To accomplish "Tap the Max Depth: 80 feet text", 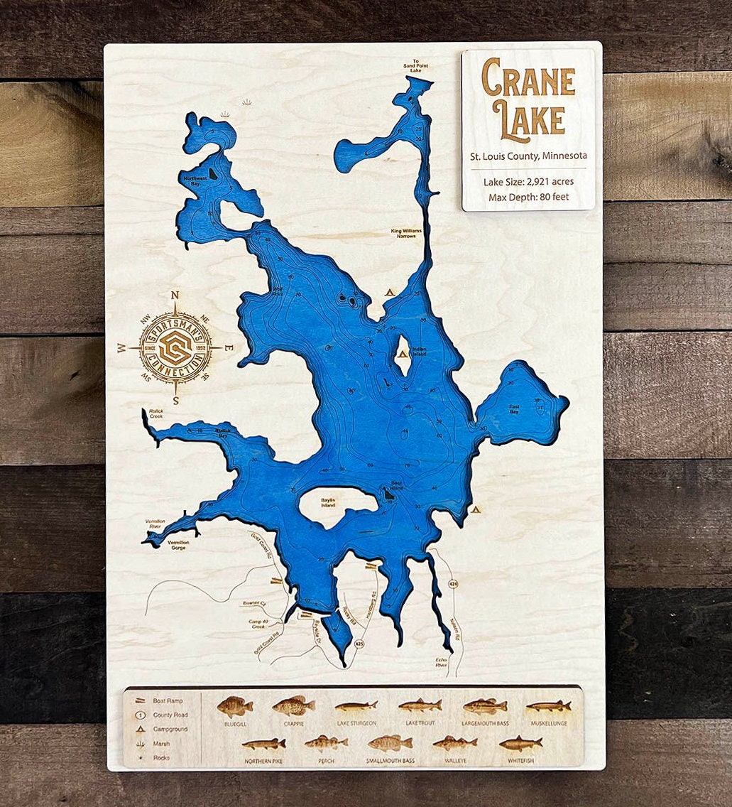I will (528, 197).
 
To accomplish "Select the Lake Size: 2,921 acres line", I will (528, 182).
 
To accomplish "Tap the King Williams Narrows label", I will (403, 233).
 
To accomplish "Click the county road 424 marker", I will (452, 583).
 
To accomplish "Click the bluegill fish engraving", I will (234, 706).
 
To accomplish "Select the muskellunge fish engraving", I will (549, 706).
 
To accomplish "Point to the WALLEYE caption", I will (455, 761).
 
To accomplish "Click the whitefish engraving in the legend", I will (520, 744).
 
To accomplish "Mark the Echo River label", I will (442, 664).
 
